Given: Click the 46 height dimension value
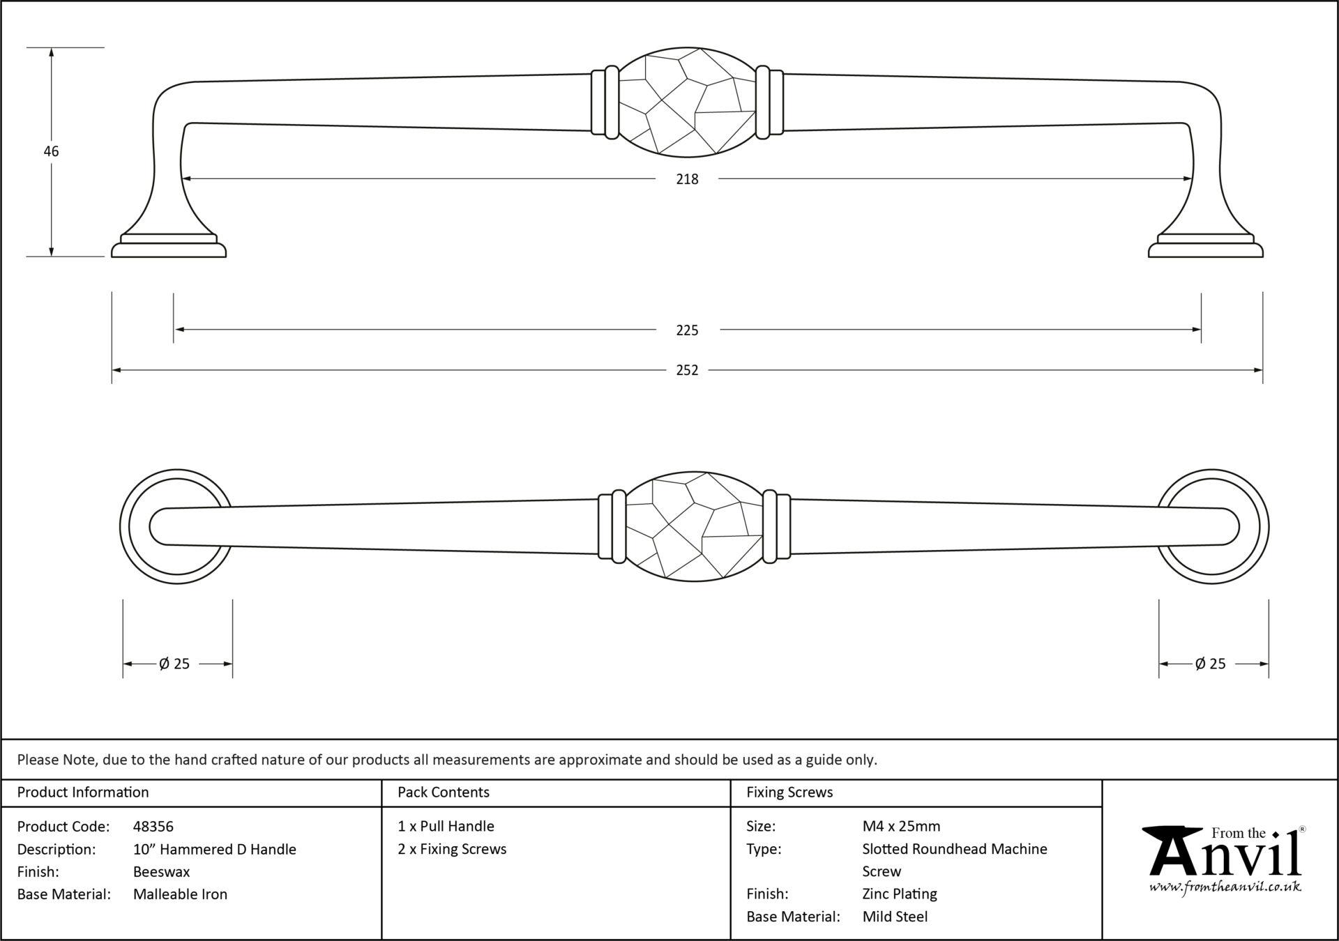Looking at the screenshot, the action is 51,151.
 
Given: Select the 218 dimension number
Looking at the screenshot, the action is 687,179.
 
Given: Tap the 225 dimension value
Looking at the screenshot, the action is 687,330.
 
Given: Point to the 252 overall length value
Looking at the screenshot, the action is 687,370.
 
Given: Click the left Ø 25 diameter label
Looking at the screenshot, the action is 174,664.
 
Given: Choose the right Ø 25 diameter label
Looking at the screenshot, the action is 1210,664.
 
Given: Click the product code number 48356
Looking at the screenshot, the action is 153,827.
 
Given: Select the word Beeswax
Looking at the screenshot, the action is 162,871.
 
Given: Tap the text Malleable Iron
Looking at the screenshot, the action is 181,894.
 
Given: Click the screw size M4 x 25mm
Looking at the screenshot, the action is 901,827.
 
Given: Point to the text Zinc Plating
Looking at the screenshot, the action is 900,894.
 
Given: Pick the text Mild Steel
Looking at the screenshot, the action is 895,917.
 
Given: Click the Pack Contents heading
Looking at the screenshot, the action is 444,793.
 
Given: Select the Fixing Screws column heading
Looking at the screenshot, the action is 789,793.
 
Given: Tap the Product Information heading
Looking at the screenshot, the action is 83,793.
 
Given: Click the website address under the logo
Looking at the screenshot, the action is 1225,887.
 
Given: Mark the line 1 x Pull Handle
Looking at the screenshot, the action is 446,827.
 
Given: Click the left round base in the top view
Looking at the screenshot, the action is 176,526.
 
